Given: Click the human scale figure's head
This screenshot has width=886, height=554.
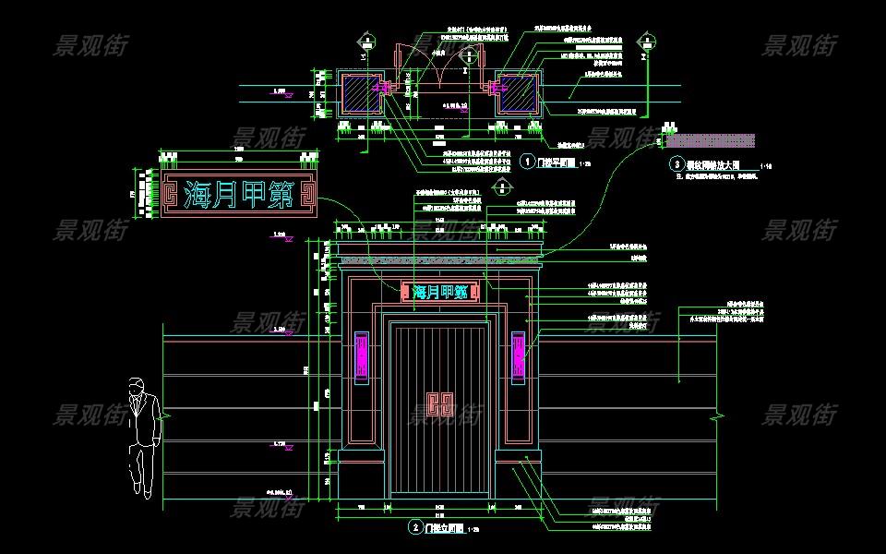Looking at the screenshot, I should tap(138, 385).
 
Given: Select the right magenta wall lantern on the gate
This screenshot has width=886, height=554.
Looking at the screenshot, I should tap(518, 355).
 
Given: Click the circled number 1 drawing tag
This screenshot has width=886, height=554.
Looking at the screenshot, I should tap(527, 161).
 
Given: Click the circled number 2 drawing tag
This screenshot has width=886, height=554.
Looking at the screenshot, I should tap(415, 527).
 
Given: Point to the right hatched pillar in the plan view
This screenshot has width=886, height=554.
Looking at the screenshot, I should tap(518, 93).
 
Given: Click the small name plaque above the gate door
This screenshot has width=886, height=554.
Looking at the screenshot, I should tap(439, 292).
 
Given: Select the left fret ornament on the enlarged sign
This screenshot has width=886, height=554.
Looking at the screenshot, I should tap(169, 196).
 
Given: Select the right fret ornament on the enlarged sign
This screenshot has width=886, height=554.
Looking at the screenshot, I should tap(308, 196).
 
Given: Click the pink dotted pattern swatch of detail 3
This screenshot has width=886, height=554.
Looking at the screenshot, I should tap(712, 141).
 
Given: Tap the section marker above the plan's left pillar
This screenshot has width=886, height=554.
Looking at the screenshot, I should tap(367, 41).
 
